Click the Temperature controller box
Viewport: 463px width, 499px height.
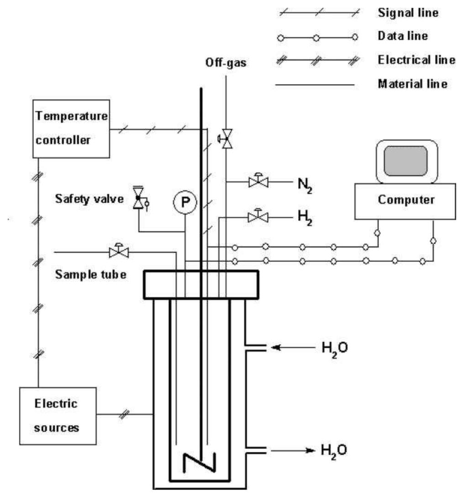tap(71, 129)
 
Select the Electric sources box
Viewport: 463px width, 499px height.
tap(58, 416)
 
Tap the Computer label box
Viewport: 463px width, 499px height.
tap(405, 202)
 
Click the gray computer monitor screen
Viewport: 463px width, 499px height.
tap(405, 161)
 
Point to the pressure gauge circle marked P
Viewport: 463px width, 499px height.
tap(185, 202)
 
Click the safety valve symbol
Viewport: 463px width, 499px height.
tap(140, 198)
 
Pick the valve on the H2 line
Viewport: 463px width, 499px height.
tap(258, 216)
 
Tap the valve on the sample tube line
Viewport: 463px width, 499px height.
tap(119, 251)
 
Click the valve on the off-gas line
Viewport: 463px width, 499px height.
tap(226, 139)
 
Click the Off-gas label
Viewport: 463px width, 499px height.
tap(226, 62)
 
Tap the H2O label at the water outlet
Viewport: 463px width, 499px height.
tap(334, 452)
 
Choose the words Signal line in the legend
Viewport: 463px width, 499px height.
tap(408, 13)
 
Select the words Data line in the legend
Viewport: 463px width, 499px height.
tap(403, 36)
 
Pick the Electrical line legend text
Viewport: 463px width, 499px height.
tap(417, 60)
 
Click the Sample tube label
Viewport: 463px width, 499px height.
tap(91, 274)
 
